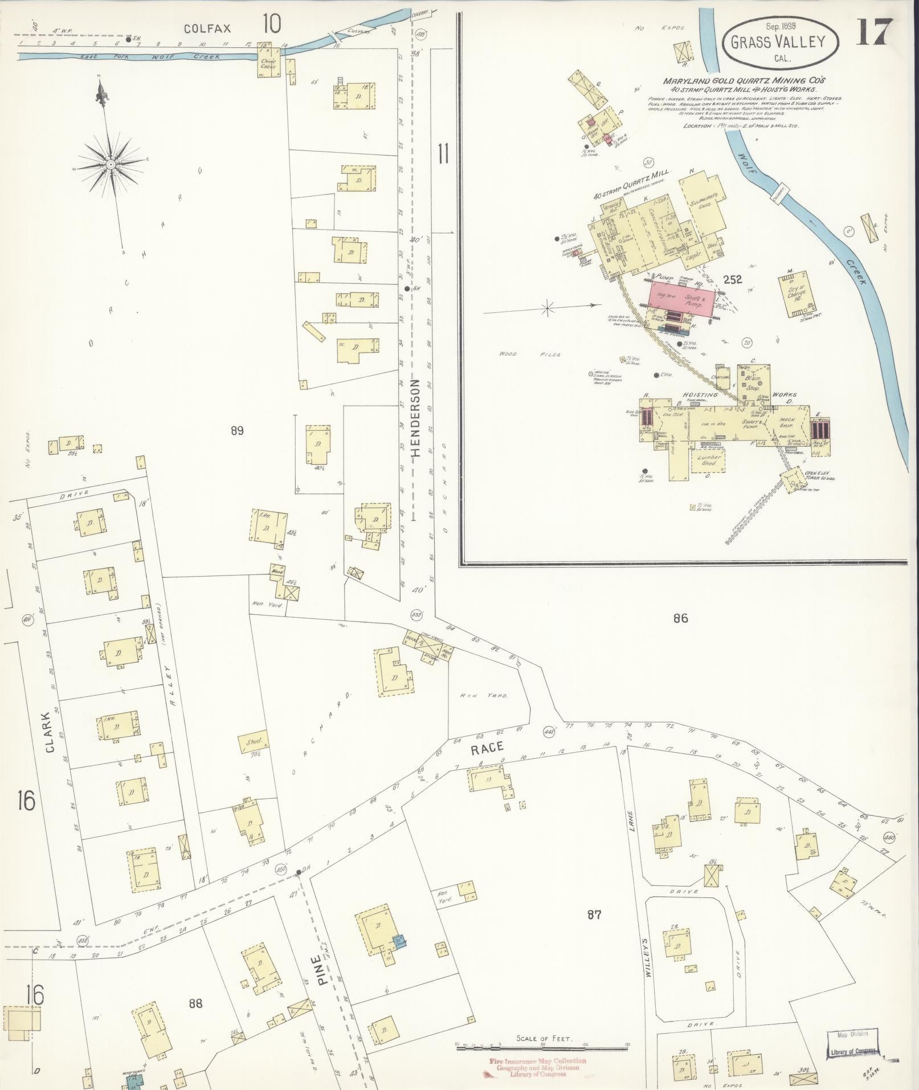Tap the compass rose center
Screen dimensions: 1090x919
[111, 165]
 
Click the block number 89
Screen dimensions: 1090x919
[237, 431]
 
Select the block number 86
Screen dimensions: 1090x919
[680, 618]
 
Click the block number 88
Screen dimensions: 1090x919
[195, 1003]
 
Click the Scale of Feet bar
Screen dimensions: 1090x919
[542, 1044]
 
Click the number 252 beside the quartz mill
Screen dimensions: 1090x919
[732, 279]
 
